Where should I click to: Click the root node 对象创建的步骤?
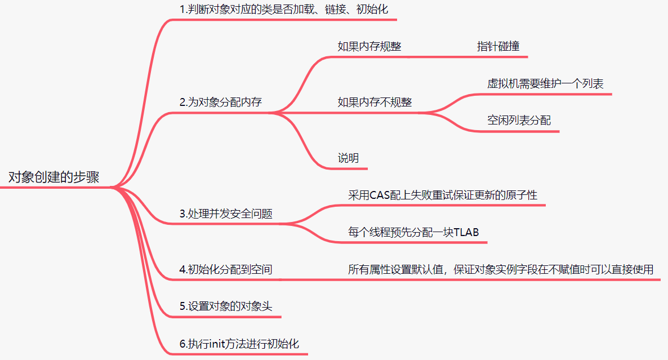[54, 177]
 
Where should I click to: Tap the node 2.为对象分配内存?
[221, 103]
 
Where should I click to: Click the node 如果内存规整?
[369, 47]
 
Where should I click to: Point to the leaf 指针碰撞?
[498, 47]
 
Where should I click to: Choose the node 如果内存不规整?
[375, 103]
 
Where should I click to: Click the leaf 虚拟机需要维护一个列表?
[545, 84]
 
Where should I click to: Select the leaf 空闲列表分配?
[519, 121]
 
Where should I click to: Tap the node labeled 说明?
[348, 158]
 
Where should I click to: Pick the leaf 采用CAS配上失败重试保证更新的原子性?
[443, 195]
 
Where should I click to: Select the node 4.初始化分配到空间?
[226, 270]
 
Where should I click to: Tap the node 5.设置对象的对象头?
[226, 306]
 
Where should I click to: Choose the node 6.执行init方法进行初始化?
[239, 344]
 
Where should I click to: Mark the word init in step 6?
[217, 344]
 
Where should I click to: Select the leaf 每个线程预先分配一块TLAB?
[413, 232]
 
